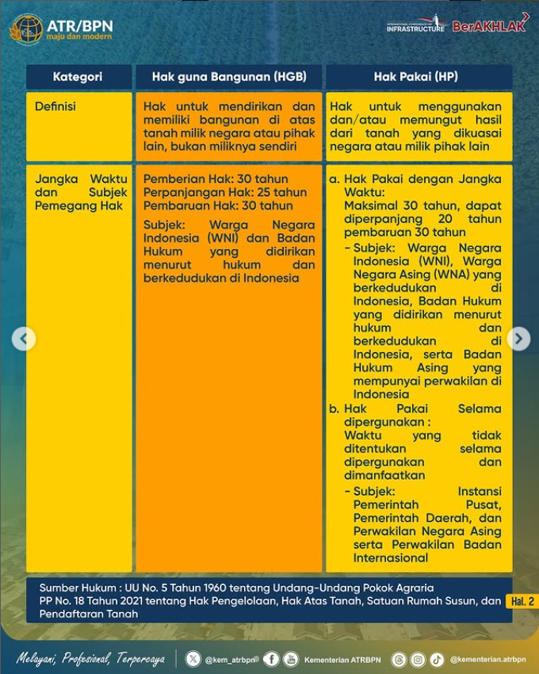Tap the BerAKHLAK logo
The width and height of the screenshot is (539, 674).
pos(490,26)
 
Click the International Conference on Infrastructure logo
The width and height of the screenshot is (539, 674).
pos(416,25)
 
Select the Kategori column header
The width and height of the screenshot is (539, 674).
pos(78,77)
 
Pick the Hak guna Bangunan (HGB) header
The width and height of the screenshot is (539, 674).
pos(229,77)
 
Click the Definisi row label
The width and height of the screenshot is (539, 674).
pos(55,106)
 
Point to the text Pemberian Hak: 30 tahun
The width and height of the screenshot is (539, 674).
pos(216,179)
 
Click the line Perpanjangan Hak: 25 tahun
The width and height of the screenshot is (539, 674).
pos(224,193)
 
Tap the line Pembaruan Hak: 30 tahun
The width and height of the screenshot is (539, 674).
pos(218,206)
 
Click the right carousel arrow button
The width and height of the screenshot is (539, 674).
pos(518,339)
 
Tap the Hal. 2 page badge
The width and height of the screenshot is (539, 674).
pos(522,602)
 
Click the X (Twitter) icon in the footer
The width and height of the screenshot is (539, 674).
pos(193,659)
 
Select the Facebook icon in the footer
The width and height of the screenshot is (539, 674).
pos(271,659)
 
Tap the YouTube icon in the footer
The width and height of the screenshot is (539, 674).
pos(291,659)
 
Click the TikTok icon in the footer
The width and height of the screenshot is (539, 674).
pos(437,659)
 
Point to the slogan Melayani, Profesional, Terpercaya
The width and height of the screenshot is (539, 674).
pos(91,659)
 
